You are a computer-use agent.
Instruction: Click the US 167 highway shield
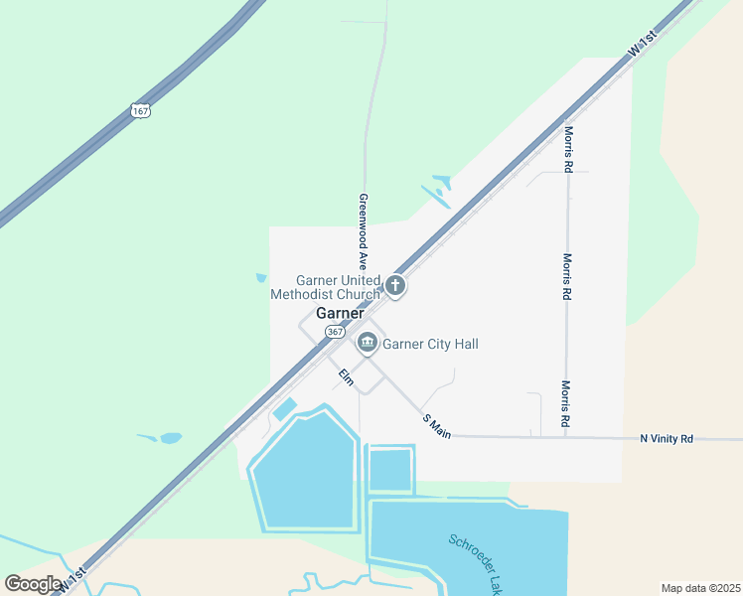click(140, 110)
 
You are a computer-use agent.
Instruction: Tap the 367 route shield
click(335, 331)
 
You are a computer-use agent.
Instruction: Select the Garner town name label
click(340, 313)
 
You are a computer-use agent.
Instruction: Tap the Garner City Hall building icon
click(368, 344)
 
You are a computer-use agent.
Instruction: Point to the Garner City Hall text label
click(431, 344)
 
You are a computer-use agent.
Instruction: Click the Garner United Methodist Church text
click(325, 287)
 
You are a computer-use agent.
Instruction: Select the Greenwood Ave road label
click(364, 232)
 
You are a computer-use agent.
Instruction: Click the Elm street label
click(346, 377)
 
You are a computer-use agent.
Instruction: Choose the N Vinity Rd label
click(667, 438)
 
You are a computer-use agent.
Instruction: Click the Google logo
click(33, 583)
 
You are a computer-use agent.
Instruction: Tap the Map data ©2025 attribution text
click(700, 588)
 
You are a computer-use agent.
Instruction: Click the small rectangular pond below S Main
click(390, 470)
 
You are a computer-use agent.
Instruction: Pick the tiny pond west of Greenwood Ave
click(261, 278)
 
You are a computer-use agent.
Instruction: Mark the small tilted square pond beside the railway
click(284, 408)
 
